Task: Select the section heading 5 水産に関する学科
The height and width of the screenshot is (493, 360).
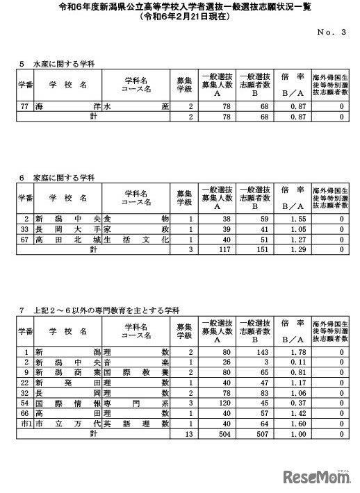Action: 57,64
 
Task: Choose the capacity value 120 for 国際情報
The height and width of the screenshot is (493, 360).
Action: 218,402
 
